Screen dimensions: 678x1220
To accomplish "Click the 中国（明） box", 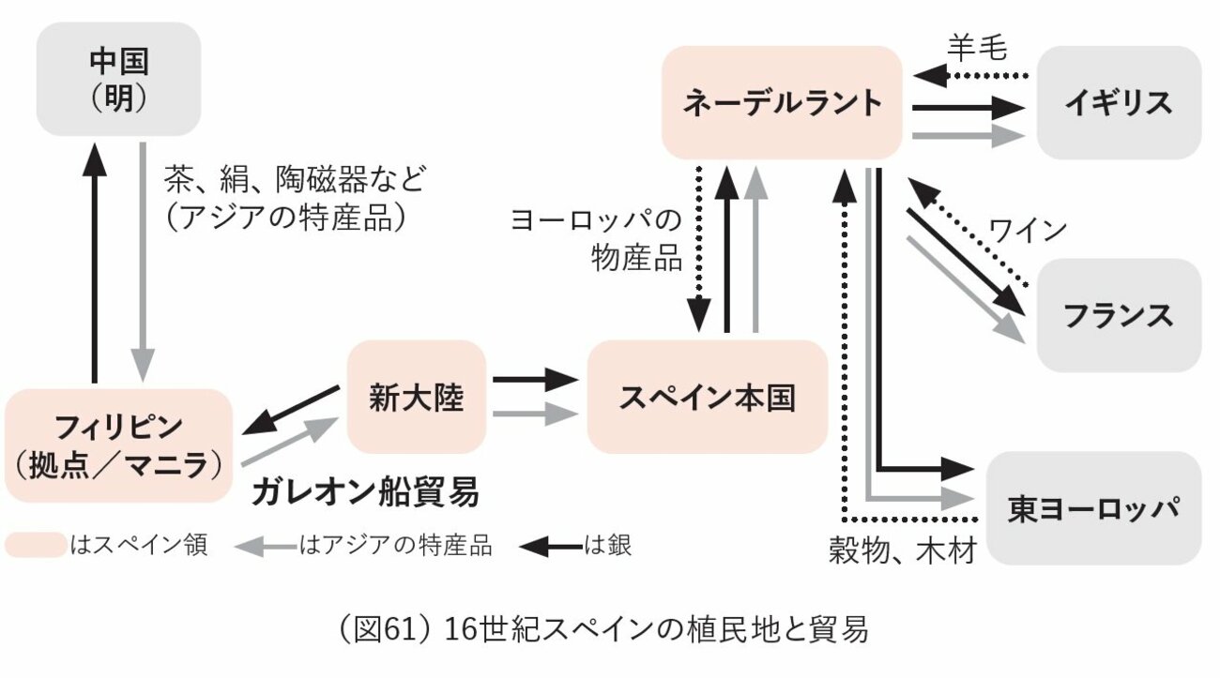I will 119,80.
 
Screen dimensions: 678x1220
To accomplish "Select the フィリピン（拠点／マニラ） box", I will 118,445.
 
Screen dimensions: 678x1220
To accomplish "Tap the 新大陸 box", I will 417,397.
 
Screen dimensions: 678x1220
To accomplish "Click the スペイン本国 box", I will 707,398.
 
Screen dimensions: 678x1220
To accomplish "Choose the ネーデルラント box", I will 782,102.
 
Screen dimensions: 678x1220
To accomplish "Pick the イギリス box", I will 1119,102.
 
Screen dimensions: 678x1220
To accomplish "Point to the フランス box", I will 1119,315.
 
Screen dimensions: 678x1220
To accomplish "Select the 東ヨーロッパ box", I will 1094,508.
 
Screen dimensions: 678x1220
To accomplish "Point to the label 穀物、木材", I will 903,550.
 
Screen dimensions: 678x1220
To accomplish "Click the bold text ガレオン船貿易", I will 365,491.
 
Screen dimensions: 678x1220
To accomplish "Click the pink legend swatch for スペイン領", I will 35,545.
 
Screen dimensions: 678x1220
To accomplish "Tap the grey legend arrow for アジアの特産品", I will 264,545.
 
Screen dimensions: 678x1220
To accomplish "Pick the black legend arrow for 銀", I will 551,545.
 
